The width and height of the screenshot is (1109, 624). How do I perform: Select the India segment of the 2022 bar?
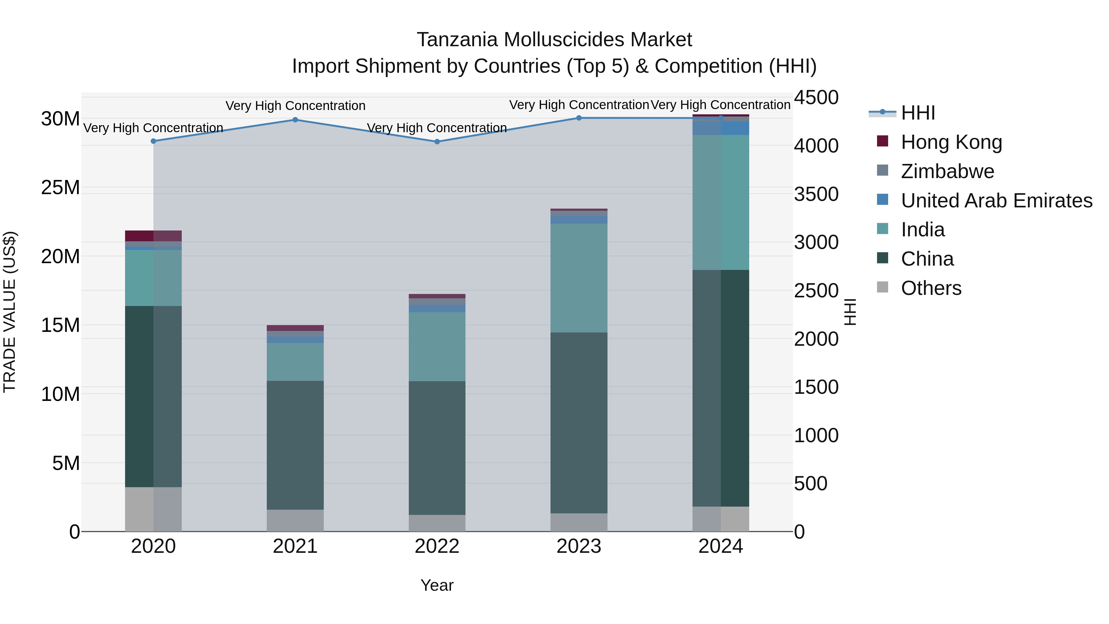pos(437,346)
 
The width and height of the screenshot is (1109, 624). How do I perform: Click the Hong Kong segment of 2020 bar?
pos(153,235)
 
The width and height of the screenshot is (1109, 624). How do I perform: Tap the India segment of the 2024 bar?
pos(721,202)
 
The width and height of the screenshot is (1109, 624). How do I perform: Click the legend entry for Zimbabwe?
pos(947,171)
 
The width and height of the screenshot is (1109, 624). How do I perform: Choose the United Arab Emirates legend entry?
pos(996,201)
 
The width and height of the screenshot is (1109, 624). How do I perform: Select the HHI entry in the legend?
pos(918,113)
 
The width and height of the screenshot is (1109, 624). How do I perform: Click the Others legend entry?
pos(931,288)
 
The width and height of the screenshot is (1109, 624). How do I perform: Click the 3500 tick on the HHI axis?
pos(816,194)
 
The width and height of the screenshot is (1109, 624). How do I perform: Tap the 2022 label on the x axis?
pos(437,546)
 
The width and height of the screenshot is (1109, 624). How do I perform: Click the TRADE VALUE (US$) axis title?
pos(10,312)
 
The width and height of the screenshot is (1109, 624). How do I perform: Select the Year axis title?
pos(437,585)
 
